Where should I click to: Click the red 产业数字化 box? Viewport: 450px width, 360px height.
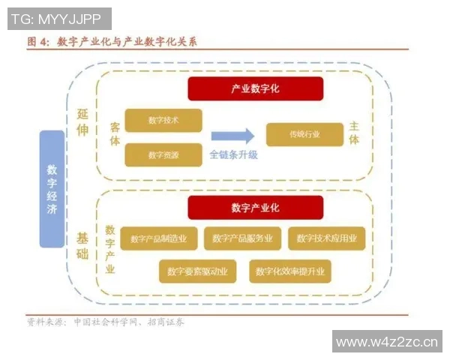point(255,88)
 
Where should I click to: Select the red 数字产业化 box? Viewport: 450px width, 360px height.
point(255,208)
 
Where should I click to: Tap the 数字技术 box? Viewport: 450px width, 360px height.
point(163,120)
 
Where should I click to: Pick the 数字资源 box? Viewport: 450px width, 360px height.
point(163,154)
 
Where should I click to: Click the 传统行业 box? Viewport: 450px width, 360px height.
point(304,134)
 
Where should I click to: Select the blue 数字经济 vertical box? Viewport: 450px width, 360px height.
point(52,188)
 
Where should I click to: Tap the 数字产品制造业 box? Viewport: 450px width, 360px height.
point(158,238)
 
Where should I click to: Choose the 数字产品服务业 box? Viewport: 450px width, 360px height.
point(242,238)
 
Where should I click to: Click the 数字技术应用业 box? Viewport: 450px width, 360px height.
point(326,238)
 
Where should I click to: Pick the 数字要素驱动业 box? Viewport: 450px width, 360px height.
point(198,271)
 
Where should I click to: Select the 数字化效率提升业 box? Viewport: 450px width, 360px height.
point(290,271)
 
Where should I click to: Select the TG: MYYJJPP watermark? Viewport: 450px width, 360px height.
point(59,19)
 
